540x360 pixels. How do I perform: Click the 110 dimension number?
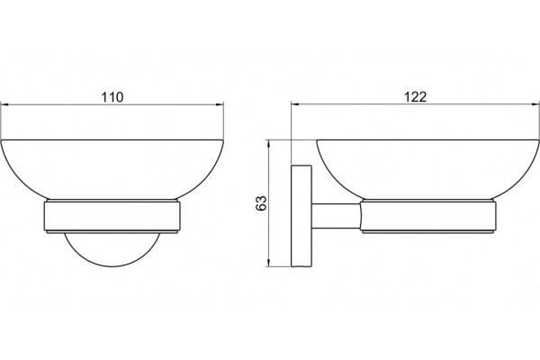[112, 97]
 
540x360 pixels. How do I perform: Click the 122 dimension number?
[415, 97]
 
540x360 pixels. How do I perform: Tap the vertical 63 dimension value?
[261, 203]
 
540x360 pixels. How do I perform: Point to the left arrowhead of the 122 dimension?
[295, 103]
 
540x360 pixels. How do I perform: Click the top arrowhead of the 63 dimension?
[268, 144]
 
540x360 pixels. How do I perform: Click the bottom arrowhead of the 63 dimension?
[268, 262]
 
